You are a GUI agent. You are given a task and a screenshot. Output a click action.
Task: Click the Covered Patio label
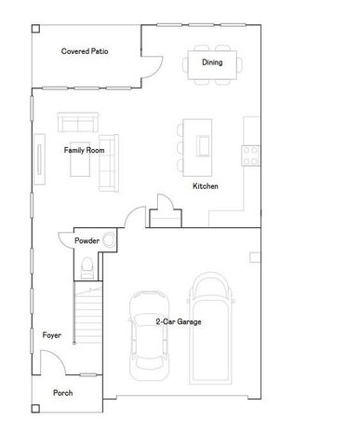pos(85,51)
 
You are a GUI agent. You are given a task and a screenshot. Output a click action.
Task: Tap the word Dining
pos(212,62)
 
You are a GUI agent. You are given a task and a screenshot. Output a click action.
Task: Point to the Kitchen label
pos(206,187)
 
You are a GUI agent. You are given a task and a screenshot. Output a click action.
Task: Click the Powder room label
pos(87,241)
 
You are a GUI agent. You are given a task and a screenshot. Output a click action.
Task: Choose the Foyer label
pos(51,334)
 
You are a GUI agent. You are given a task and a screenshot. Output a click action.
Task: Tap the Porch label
pos(62,393)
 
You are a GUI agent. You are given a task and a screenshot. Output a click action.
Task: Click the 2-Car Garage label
pos(179,322)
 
